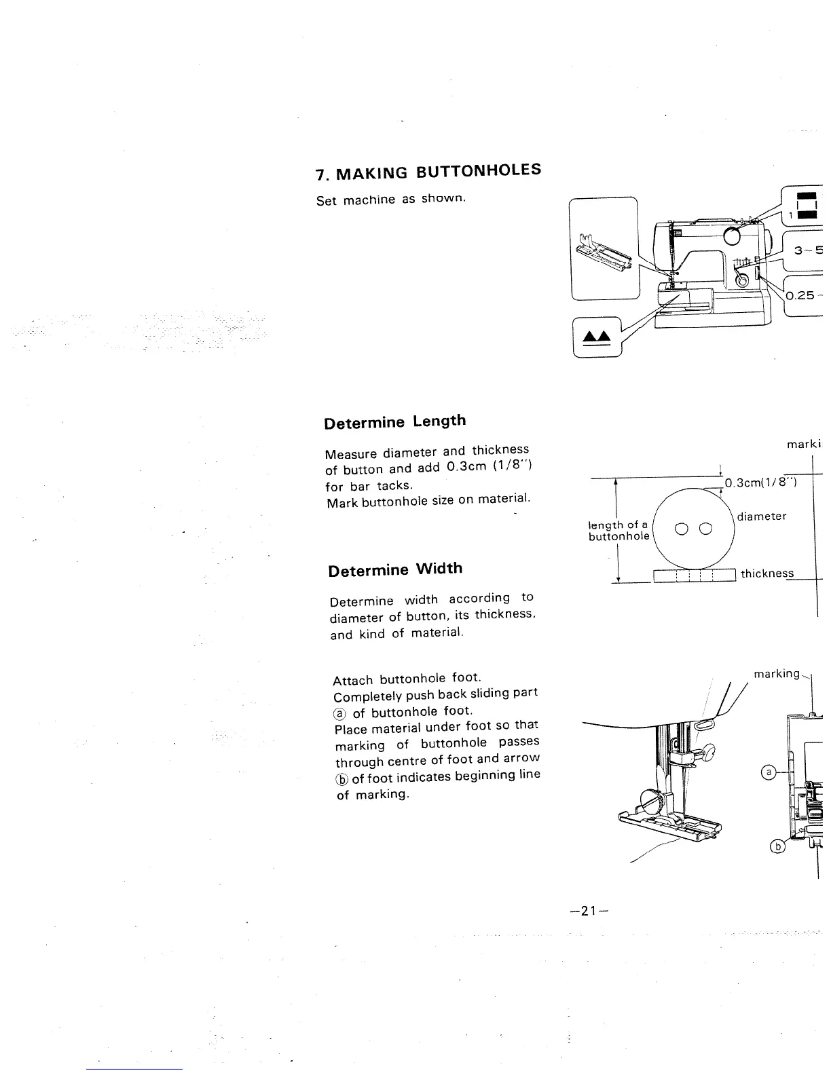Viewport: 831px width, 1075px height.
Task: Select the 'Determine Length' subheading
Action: click(x=395, y=422)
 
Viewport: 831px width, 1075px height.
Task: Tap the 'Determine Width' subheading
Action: click(x=395, y=569)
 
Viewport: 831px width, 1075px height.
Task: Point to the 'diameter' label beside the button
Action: click(x=761, y=516)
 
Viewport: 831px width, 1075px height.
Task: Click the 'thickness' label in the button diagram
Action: click(x=767, y=573)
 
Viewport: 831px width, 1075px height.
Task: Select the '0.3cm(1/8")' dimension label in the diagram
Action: click(x=760, y=483)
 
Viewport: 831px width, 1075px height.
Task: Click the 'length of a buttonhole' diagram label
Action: click(x=618, y=531)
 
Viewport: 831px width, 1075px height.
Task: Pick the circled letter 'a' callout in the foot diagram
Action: click(x=769, y=772)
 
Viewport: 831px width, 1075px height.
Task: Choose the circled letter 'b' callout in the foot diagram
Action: click(x=778, y=846)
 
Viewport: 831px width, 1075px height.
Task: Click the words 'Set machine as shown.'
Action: click(x=390, y=200)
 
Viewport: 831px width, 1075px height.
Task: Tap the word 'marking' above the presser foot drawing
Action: click(x=777, y=674)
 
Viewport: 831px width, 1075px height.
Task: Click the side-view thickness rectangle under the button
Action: click(x=694, y=576)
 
